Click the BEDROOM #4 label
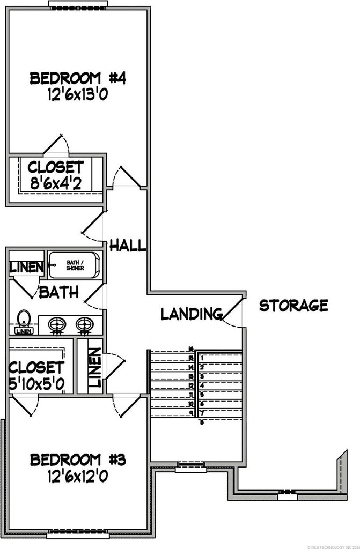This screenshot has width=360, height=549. tap(78, 79)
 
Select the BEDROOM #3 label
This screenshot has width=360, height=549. tap(78, 459)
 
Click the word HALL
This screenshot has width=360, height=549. tap(128, 246)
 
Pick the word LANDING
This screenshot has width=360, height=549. tap(192, 314)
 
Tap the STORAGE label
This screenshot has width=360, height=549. tap(293, 306)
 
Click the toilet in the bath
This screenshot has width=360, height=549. tap(23, 321)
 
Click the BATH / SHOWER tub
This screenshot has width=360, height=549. tap(74, 265)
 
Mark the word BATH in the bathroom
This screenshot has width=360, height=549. tap(58, 293)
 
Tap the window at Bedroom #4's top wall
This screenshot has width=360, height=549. tap(78, 4)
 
